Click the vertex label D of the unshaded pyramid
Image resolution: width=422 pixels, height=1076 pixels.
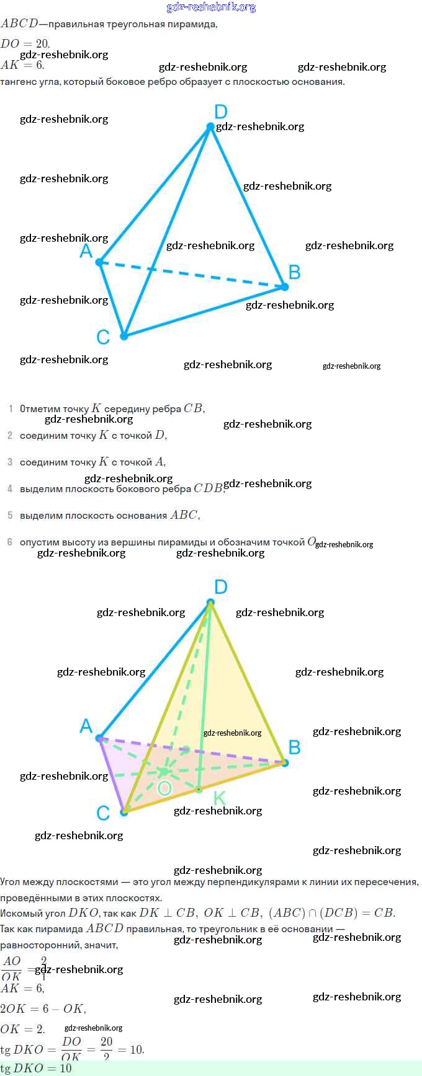point(220,112)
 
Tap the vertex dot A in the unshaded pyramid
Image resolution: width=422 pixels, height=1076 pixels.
point(99,262)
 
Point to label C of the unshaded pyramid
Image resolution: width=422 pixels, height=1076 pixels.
point(103,337)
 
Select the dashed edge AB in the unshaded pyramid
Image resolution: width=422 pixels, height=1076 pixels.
point(192,275)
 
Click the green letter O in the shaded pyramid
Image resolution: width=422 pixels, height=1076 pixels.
point(164,788)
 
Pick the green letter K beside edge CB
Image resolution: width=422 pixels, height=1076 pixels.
point(219,798)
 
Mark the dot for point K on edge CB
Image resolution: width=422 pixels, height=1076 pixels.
point(199,790)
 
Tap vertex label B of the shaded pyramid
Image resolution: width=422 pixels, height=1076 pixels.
point(294,747)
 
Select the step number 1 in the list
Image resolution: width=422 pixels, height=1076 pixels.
point(11,409)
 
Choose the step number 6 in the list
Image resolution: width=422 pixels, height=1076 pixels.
point(10,542)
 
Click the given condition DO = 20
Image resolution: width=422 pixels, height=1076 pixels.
point(25,43)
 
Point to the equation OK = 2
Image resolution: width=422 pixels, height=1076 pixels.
point(22,1030)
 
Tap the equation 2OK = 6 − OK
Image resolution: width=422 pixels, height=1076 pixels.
point(43,1008)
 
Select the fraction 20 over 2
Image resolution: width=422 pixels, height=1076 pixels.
point(107,1049)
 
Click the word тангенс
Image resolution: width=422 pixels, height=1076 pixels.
point(19,82)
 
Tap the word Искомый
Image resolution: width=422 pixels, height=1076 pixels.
point(22,913)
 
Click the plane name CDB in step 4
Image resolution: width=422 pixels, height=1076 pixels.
point(208,488)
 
